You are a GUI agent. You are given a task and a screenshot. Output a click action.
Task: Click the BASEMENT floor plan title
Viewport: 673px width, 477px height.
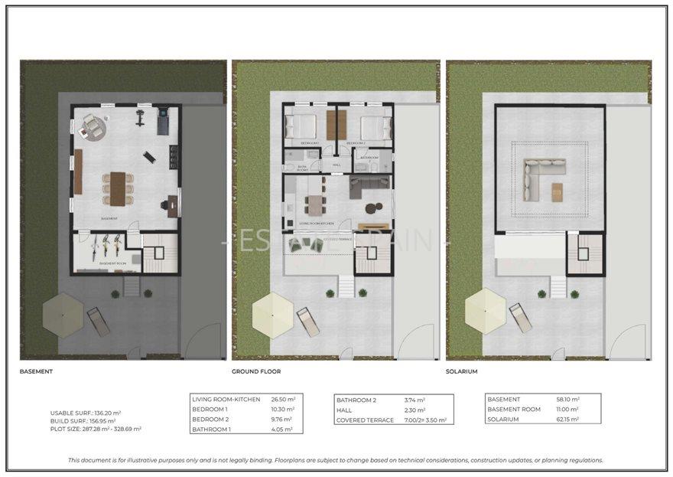(36, 371)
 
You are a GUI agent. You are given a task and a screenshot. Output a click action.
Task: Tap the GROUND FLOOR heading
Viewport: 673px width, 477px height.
(256, 371)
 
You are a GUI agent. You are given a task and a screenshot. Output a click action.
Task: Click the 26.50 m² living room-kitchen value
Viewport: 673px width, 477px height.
(283, 400)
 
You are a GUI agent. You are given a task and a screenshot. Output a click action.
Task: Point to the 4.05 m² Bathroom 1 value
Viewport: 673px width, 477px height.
(283, 430)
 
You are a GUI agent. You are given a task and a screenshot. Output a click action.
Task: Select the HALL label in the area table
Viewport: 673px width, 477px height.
(346, 410)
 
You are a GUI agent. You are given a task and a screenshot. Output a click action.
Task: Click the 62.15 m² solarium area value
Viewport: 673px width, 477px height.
(568, 420)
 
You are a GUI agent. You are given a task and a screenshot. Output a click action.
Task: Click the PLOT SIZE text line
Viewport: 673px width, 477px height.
(96, 429)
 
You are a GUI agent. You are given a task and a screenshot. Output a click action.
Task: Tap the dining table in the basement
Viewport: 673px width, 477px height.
(117, 188)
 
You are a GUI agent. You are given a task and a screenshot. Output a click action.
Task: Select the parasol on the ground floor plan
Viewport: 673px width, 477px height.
(273, 315)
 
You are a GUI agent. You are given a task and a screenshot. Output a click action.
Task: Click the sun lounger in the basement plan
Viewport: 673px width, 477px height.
(98, 321)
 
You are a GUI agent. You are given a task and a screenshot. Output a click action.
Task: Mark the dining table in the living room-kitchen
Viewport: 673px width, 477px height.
(314, 205)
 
